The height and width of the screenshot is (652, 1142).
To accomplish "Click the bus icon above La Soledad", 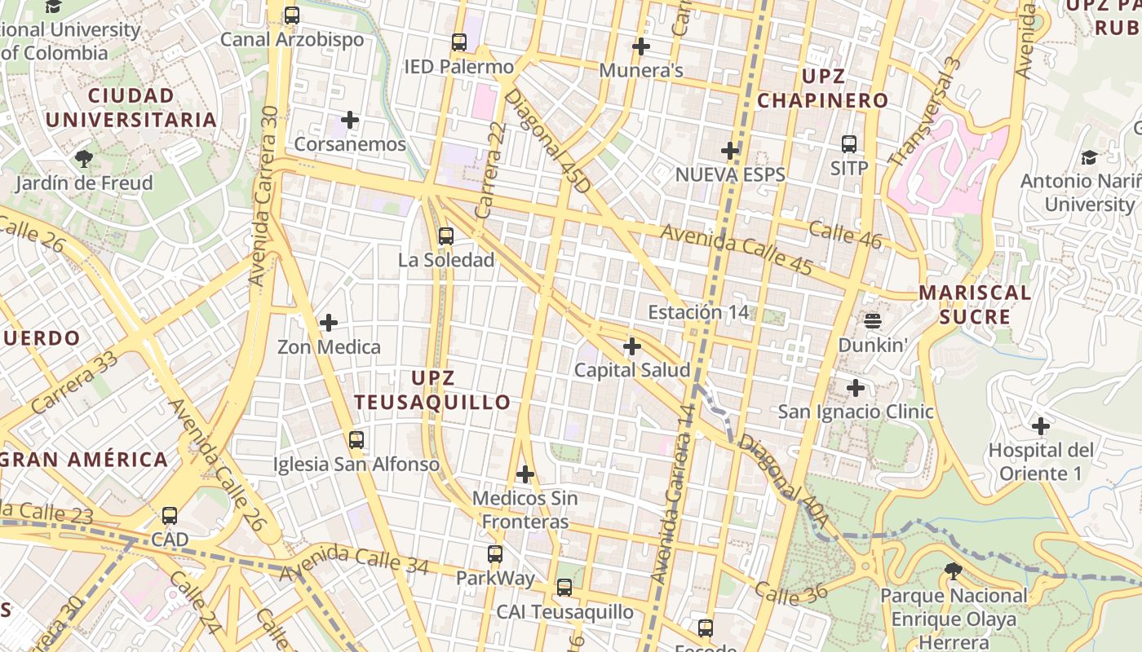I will tap(445, 236).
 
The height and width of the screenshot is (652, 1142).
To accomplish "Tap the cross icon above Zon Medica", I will tap(329, 323).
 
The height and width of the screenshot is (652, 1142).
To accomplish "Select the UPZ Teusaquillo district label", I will tap(432, 390).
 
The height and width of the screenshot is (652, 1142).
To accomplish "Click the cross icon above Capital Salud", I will tap(631, 346).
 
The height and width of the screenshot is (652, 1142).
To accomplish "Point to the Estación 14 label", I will tap(686, 312).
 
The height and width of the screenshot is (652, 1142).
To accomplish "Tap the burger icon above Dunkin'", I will tap(872, 320).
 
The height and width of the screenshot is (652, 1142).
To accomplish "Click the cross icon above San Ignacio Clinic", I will tap(855, 387).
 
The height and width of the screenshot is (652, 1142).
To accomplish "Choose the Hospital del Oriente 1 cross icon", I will tap(1040, 425).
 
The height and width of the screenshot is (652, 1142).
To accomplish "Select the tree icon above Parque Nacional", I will tap(952, 571).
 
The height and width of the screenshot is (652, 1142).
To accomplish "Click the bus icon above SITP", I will tap(849, 144).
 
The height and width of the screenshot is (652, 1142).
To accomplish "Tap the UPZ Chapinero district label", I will tap(822, 89).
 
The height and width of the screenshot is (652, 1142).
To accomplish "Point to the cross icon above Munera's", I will tap(641, 46).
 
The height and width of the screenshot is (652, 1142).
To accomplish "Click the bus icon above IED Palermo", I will tap(459, 42).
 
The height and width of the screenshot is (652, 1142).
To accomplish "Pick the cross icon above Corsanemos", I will tap(350, 121).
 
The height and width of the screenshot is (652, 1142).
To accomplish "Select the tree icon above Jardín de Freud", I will tap(83, 158).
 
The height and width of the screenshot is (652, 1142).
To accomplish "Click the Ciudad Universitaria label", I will tap(131, 108).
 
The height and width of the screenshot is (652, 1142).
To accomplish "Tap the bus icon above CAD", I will tap(170, 516).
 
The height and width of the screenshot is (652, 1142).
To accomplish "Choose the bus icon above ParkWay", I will tap(494, 554).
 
